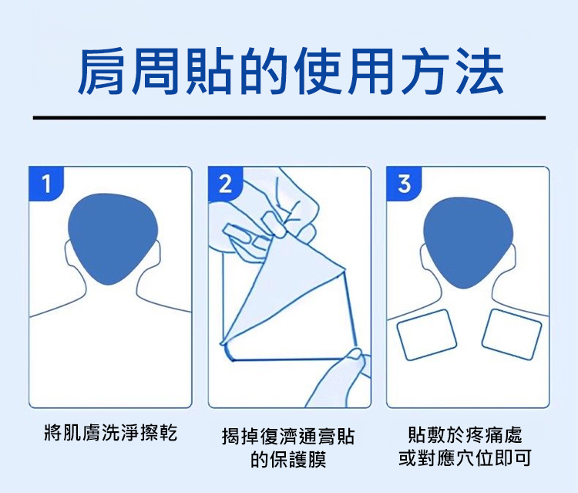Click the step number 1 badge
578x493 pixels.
point(46,184)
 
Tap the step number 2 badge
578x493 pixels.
point(225,184)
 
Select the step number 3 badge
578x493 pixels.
point(404,184)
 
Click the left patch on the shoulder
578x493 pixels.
point(426,335)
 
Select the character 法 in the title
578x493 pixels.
point(479,70)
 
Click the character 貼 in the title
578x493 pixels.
point(209,70)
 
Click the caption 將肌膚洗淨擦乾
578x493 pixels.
point(110,433)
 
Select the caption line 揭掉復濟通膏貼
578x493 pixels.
point(288,436)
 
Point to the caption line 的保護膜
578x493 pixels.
point(288,459)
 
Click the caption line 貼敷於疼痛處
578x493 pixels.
point(465,434)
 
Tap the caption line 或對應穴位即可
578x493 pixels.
point(465,458)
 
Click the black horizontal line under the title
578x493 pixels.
point(289,118)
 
